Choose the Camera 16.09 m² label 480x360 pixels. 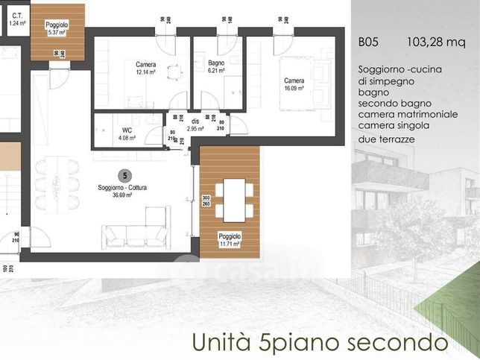[x=294, y=84]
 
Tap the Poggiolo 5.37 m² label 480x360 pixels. [x=57, y=29]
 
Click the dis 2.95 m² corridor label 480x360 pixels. [x=195, y=124]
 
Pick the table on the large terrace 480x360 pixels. [x=235, y=199]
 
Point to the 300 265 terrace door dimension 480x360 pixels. [x=206, y=201]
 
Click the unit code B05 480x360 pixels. [x=369, y=42]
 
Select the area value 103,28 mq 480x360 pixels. [x=436, y=42]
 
